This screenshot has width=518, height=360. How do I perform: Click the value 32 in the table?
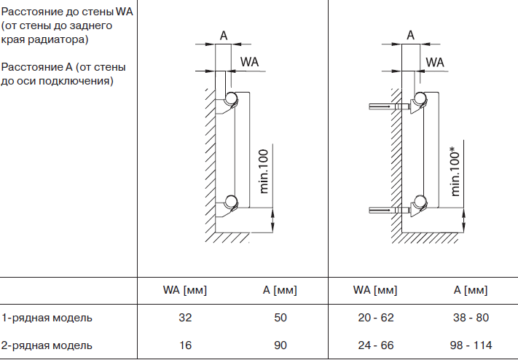(185, 318)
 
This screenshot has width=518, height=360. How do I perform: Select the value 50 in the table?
(281, 318)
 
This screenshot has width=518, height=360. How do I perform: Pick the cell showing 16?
(185, 345)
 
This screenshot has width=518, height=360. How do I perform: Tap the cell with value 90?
(281, 345)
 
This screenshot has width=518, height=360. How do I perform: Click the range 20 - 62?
(375, 318)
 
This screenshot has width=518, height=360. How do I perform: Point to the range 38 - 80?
(471, 318)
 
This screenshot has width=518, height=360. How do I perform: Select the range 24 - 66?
(375, 345)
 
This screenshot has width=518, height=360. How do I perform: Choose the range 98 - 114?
(471, 345)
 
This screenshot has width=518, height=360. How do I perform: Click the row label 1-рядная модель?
(47, 318)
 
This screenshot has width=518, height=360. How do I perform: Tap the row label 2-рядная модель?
(47, 345)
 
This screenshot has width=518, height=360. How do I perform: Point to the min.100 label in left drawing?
(264, 171)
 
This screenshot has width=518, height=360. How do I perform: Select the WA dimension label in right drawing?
(435, 62)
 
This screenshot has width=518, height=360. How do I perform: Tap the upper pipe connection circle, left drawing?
(231, 99)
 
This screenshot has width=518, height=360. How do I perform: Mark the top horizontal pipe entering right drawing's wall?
(381, 108)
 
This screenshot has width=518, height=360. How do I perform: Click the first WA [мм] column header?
(185, 290)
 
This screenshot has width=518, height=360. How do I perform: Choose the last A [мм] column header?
(471, 290)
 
